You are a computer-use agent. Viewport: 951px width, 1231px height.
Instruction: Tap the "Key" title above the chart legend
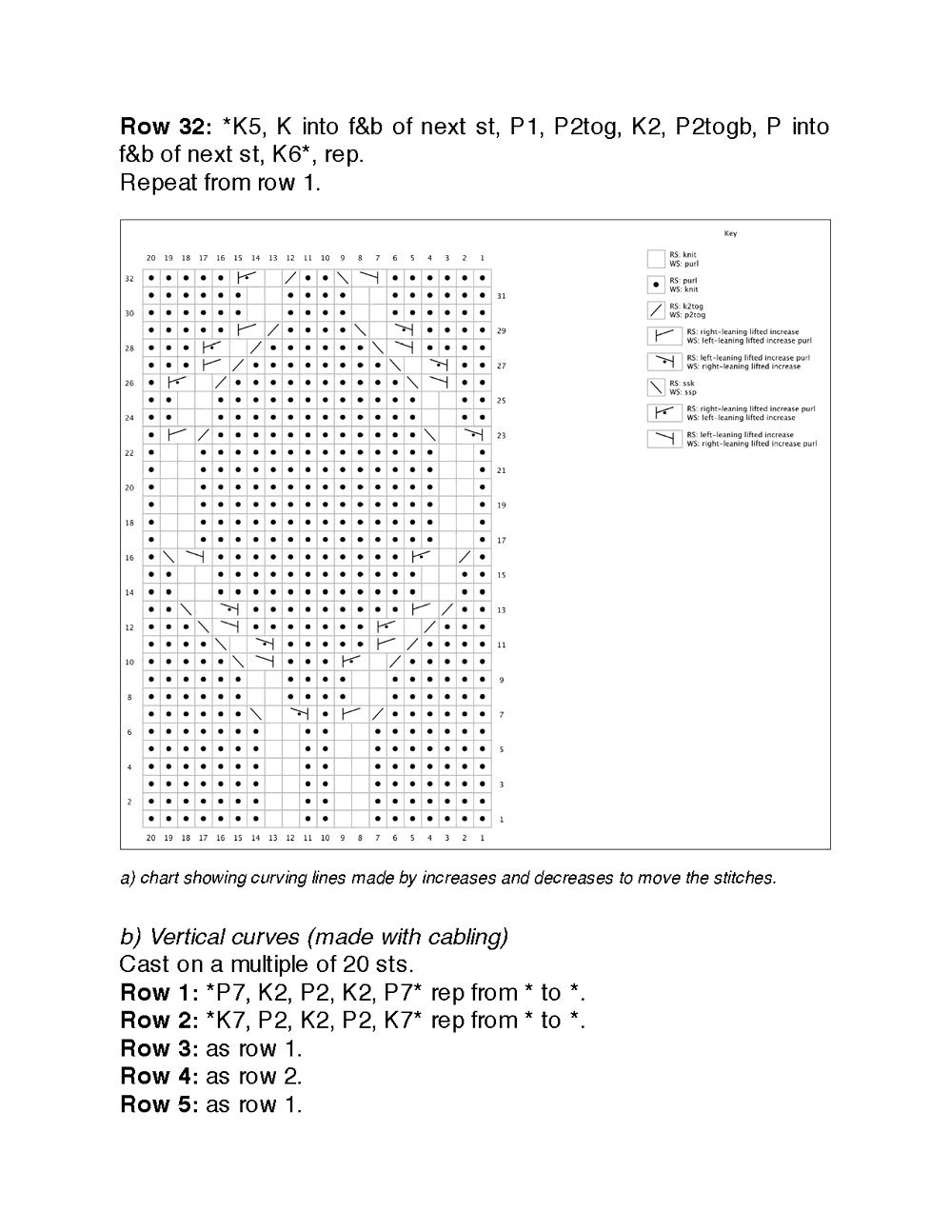click(730, 233)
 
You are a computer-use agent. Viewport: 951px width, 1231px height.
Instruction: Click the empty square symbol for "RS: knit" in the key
click(656, 258)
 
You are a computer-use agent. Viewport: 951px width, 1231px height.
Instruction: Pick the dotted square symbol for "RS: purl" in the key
click(656, 284)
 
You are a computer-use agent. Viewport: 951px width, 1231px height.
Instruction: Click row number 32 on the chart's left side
click(129, 279)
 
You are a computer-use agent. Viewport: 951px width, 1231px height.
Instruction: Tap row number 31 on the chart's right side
click(502, 296)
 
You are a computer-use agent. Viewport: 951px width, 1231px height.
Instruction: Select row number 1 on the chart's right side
click(502, 820)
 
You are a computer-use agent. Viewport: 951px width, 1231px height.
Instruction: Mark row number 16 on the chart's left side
click(129, 558)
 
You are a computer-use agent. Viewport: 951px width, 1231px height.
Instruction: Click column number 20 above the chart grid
click(150, 258)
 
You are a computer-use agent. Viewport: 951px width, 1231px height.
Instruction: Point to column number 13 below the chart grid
click(272, 838)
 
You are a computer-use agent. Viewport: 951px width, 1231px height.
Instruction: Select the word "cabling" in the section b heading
click(466, 937)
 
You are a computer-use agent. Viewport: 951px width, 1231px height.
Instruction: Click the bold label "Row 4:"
click(159, 1077)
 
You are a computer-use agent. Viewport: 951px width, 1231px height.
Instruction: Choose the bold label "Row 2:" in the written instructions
click(159, 1021)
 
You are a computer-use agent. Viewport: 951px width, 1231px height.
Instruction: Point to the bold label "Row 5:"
click(159, 1104)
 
